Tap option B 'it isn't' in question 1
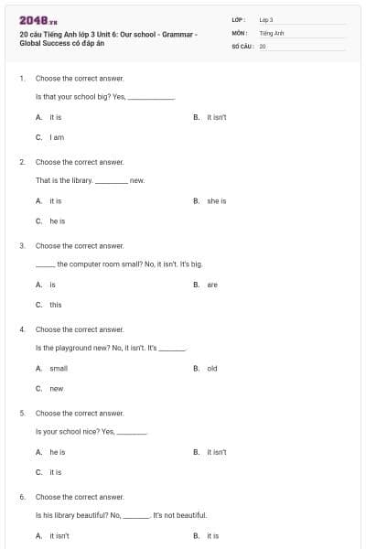tap(216, 117)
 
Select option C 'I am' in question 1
tap(57, 137)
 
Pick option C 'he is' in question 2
tap(57, 221)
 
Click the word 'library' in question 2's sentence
tap(81, 180)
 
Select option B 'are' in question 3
tap(212, 285)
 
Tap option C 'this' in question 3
tap(56, 305)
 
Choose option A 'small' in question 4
tap(59, 368)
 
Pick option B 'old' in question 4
tap(212, 368)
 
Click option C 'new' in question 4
tap(57, 388)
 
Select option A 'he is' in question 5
tap(57, 452)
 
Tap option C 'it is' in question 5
tap(56, 472)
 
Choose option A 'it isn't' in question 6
tap(59, 535)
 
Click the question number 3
tap(22, 245)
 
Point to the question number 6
tap(22, 497)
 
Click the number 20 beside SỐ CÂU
tap(263, 45)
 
